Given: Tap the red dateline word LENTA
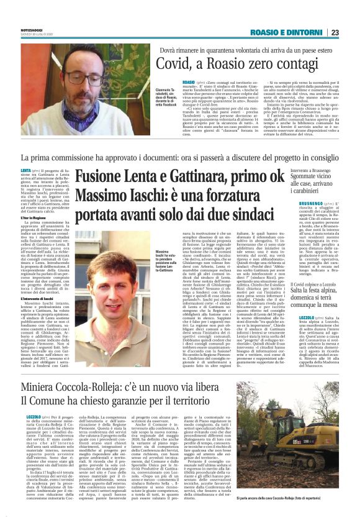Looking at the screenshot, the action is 27,170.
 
